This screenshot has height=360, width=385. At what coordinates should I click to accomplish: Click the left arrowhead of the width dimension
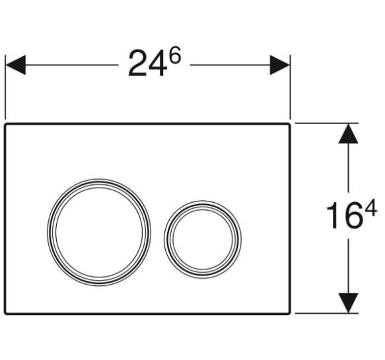pyautogui.click(x=15, y=65)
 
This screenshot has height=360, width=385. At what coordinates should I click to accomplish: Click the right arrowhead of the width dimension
pyautogui.click(x=280, y=65)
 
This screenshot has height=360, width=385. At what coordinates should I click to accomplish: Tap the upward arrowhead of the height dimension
pyautogui.click(x=348, y=133)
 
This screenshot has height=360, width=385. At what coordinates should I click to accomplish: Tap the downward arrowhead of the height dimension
pyautogui.click(x=348, y=303)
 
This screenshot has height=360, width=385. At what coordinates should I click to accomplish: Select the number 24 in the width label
pyautogui.click(x=147, y=63)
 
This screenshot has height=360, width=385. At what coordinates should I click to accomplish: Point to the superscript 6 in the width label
pyautogui.click(x=176, y=55)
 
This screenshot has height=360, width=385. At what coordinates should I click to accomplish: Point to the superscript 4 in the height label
pyautogui.click(x=370, y=208)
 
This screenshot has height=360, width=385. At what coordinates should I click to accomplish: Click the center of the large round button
pyautogui.click(x=99, y=233)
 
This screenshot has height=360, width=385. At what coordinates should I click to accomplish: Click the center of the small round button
pyautogui.click(x=203, y=239)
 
